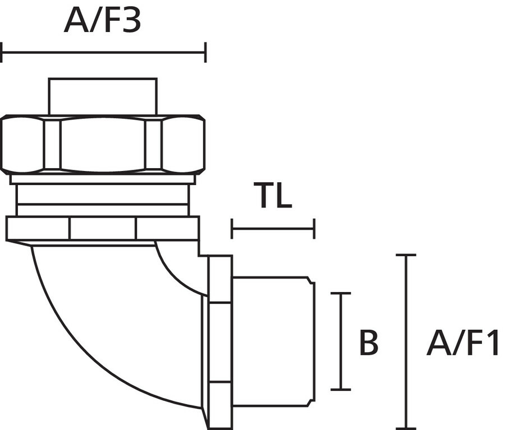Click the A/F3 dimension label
[x=103, y=21]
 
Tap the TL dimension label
[x=273, y=195]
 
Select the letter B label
[x=369, y=342]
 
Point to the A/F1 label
[x=462, y=342]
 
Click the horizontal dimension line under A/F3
[x=104, y=52]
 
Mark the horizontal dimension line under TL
[x=273, y=229]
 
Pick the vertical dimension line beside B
[x=341, y=341]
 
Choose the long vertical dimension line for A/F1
[x=406, y=342]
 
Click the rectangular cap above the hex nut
[x=103, y=96]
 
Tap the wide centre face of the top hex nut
[x=103, y=144]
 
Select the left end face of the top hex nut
[x=22, y=144]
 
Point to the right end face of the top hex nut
[x=183, y=144]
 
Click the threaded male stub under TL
[x=273, y=341]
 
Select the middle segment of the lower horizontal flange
[x=103, y=228]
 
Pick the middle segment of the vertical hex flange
[x=220, y=342]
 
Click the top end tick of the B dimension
[x=341, y=293]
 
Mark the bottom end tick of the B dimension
[x=341, y=390]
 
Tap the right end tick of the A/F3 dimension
[x=205, y=52]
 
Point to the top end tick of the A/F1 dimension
[x=406, y=255]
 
